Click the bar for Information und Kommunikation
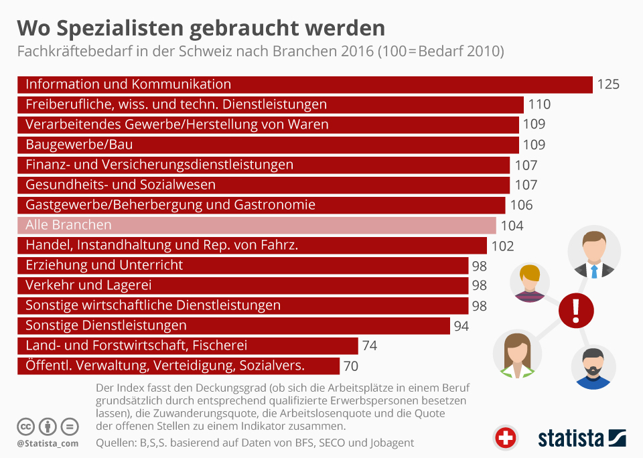click(x=305, y=84)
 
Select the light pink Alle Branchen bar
click(x=257, y=225)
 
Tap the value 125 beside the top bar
click(x=608, y=84)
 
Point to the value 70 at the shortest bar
click(x=351, y=366)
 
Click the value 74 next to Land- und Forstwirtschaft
click(x=370, y=346)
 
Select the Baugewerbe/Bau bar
click(x=268, y=145)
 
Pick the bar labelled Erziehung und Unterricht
click(x=242, y=265)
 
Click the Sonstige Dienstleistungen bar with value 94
click(x=233, y=325)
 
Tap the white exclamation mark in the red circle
click(x=576, y=310)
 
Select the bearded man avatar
click(x=593, y=367)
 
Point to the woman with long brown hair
click(x=517, y=355)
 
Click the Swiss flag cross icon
click(x=506, y=438)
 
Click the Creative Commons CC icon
click(x=26, y=426)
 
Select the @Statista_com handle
click(x=47, y=443)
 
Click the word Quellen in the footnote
click(x=116, y=443)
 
